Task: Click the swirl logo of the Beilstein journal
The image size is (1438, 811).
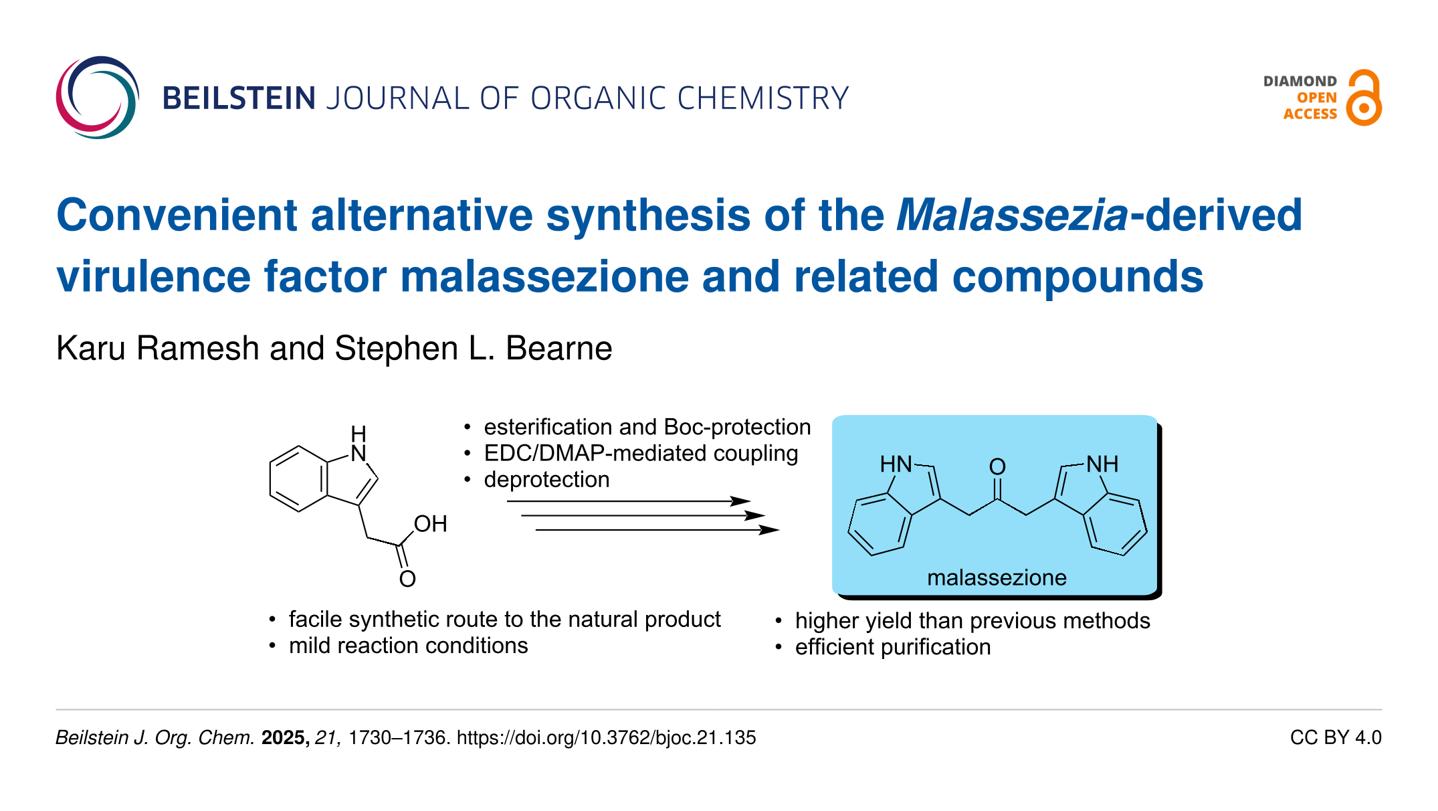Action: pyautogui.click(x=98, y=98)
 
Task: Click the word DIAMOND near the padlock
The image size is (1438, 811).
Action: pyautogui.click(x=1300, y=82)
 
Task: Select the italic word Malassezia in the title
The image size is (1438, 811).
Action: pyautogui.click(x=1012, y=215)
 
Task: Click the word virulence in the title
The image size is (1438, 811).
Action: pyautogui.click(x=155, y=277)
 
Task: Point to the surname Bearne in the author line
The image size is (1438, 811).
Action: pyautogui.click(x=558, y=349)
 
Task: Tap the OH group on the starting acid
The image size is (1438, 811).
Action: pyautogui.click(x=430, y=524)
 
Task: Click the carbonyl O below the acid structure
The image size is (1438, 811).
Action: pyautogui.click(x=407, y=579)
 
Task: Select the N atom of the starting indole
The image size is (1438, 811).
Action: pyautogui.click(x=358, y=454)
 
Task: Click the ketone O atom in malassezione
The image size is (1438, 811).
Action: pyautogui.click(x=997, y=466)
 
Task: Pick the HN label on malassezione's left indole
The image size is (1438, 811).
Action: pyautogui.click(x=896, y=464)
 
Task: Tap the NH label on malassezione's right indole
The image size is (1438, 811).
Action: pyautogui.click(x=1102, y=464)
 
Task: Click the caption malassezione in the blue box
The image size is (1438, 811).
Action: pyautogui.click(x=997, y=577)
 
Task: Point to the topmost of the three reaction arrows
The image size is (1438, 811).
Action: pyautogui.click(x=629, y=501)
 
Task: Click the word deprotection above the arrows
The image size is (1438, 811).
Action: pyautogui.click(x=546, y=480)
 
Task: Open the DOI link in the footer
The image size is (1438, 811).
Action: pyautogui.click(x=606, y=737)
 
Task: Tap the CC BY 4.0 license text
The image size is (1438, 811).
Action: pyautogui.click(x=1336, y=737)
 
